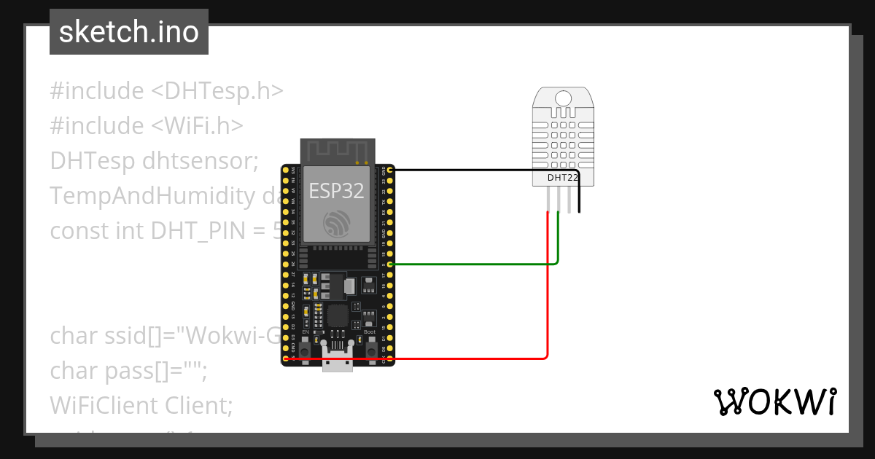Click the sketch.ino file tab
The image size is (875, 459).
pos(128,32)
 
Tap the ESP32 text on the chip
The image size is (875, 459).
pos(336,191)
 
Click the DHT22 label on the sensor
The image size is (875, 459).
pos(562,177)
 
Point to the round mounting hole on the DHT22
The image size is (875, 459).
pos(563,98)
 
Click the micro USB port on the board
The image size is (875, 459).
pos(338,360)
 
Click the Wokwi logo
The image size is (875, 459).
pos(774,401)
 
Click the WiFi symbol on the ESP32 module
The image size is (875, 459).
pos(337,222)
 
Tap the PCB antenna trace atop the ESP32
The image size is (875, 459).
pos(335,152)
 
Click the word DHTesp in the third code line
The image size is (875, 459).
pos(82,160)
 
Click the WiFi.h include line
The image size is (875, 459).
pos(146,125)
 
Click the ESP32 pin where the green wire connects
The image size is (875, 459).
pos(391,264)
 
